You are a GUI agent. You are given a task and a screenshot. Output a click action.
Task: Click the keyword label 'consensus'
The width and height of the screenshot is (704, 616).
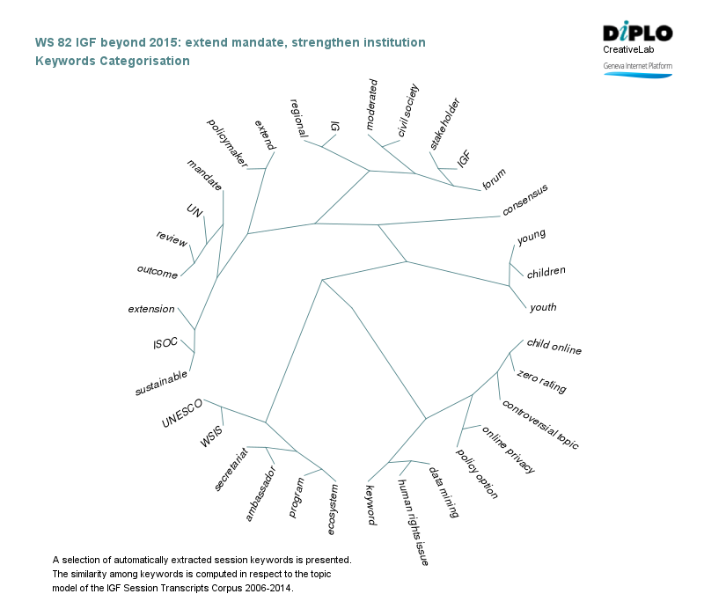tap(525, 201)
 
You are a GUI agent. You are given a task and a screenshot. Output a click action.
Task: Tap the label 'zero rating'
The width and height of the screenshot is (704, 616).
tap(541, 383)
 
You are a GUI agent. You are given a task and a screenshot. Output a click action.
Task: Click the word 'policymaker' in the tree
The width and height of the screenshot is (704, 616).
tap(226, 140)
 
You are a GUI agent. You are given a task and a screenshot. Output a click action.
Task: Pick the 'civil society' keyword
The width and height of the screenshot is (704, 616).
tap(407, 110)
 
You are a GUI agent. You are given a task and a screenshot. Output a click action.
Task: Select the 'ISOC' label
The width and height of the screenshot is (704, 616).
tap(165, 342)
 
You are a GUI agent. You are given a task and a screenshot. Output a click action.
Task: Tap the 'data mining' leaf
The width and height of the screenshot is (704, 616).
tap(443, 491)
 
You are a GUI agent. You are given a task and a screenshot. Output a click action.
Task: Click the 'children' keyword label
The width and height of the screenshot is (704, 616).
tap(546, 273)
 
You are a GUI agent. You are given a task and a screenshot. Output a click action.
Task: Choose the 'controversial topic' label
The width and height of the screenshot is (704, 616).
tap(539, 424)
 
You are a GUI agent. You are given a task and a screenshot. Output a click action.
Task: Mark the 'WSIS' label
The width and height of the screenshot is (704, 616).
tap(211, 436)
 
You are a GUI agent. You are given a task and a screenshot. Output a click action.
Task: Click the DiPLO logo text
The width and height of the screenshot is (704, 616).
tap(637, 33)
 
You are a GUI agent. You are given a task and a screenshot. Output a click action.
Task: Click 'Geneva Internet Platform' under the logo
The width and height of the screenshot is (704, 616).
tap(637, 66)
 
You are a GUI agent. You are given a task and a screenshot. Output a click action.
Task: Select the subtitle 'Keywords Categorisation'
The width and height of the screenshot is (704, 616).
tap(112, 61)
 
